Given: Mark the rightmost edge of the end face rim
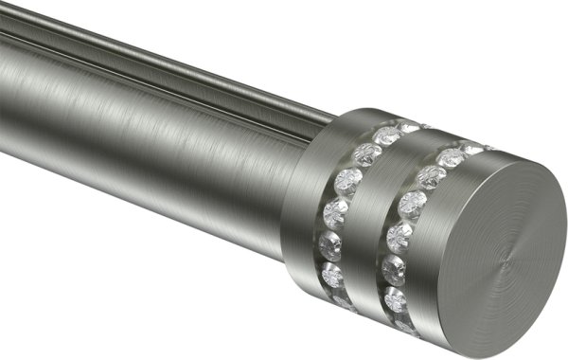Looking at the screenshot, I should click(564, 237).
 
